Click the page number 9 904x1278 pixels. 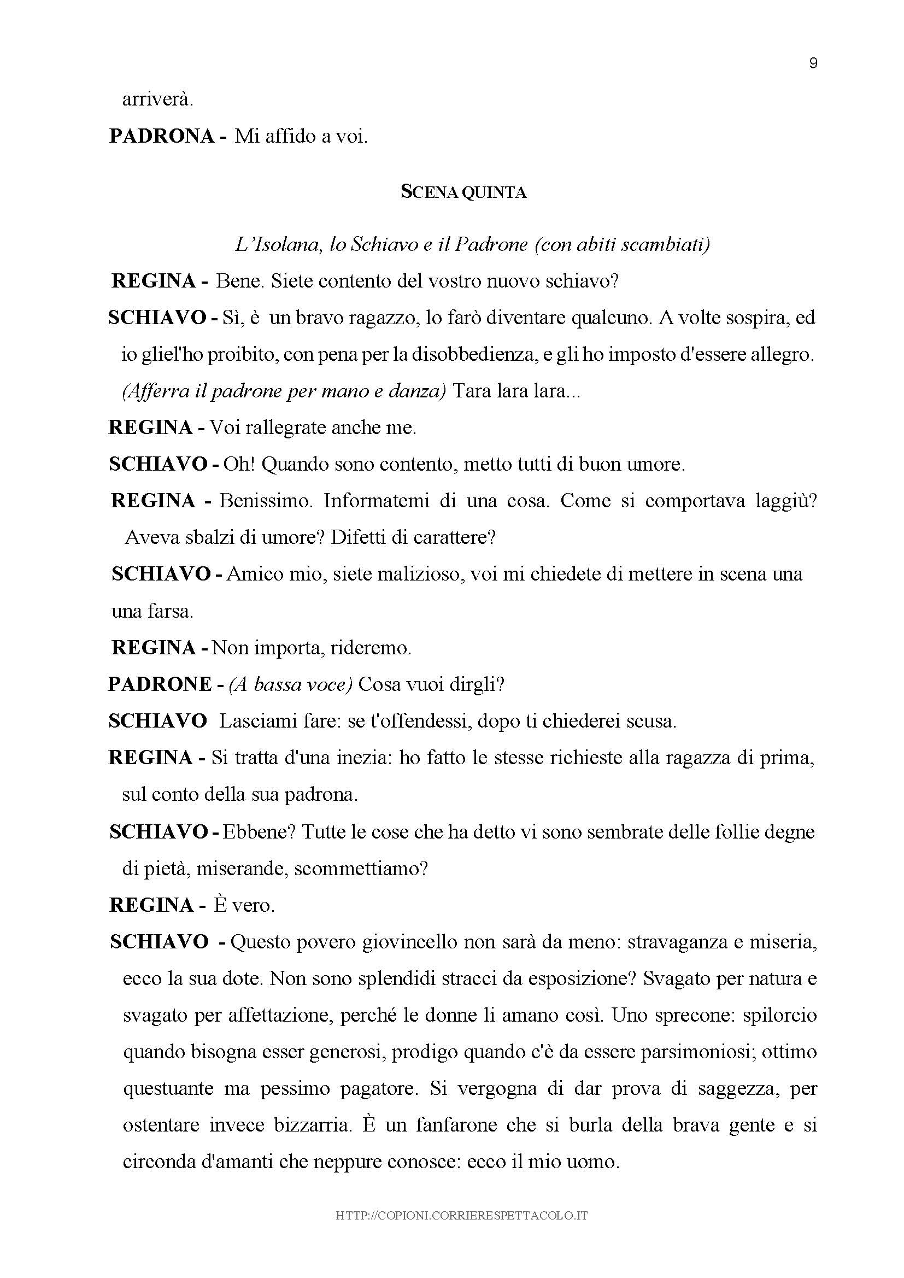(813, 63)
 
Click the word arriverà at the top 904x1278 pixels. (157, 99)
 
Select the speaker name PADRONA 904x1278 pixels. (161, 136)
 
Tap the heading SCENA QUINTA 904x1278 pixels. (463, 192)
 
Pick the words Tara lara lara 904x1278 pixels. (516, 391)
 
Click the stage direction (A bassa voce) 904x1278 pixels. (290, 684)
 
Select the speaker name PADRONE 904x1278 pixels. (160, 684)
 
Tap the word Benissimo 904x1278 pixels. (262, 501)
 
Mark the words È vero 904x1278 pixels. (244, 906)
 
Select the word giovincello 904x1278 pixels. (412, 942)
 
